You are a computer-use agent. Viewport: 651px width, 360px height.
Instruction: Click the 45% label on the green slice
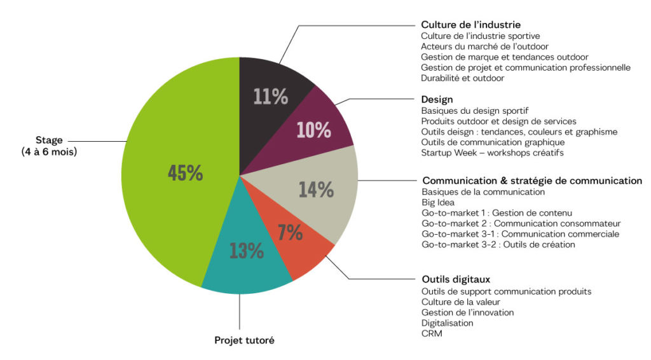185,173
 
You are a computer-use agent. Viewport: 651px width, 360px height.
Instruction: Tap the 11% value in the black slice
270,97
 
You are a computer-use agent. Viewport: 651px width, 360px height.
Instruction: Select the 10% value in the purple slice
313,130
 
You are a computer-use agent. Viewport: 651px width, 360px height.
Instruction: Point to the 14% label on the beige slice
316,190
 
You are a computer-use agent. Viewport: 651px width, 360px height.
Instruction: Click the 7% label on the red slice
290,233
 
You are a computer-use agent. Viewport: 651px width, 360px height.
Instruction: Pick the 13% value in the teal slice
246,251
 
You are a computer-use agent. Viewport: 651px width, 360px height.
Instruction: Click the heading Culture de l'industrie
471,25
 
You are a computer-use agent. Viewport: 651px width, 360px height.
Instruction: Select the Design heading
437,99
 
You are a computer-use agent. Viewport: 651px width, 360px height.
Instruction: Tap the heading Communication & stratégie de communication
532,181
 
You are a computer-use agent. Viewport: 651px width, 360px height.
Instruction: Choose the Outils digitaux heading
456,279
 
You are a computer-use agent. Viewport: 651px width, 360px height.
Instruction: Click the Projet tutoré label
244,340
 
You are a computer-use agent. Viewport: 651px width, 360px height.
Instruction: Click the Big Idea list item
438,202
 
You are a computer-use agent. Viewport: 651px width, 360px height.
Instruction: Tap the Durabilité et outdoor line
462,78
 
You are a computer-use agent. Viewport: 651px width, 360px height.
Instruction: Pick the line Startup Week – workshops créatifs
492,153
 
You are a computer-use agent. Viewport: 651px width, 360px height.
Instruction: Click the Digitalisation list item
447,323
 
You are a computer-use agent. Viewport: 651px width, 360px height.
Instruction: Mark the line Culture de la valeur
460,301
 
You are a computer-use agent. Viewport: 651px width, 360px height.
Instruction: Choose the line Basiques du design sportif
474,110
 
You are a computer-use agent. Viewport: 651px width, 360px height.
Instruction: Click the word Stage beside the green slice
50,141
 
